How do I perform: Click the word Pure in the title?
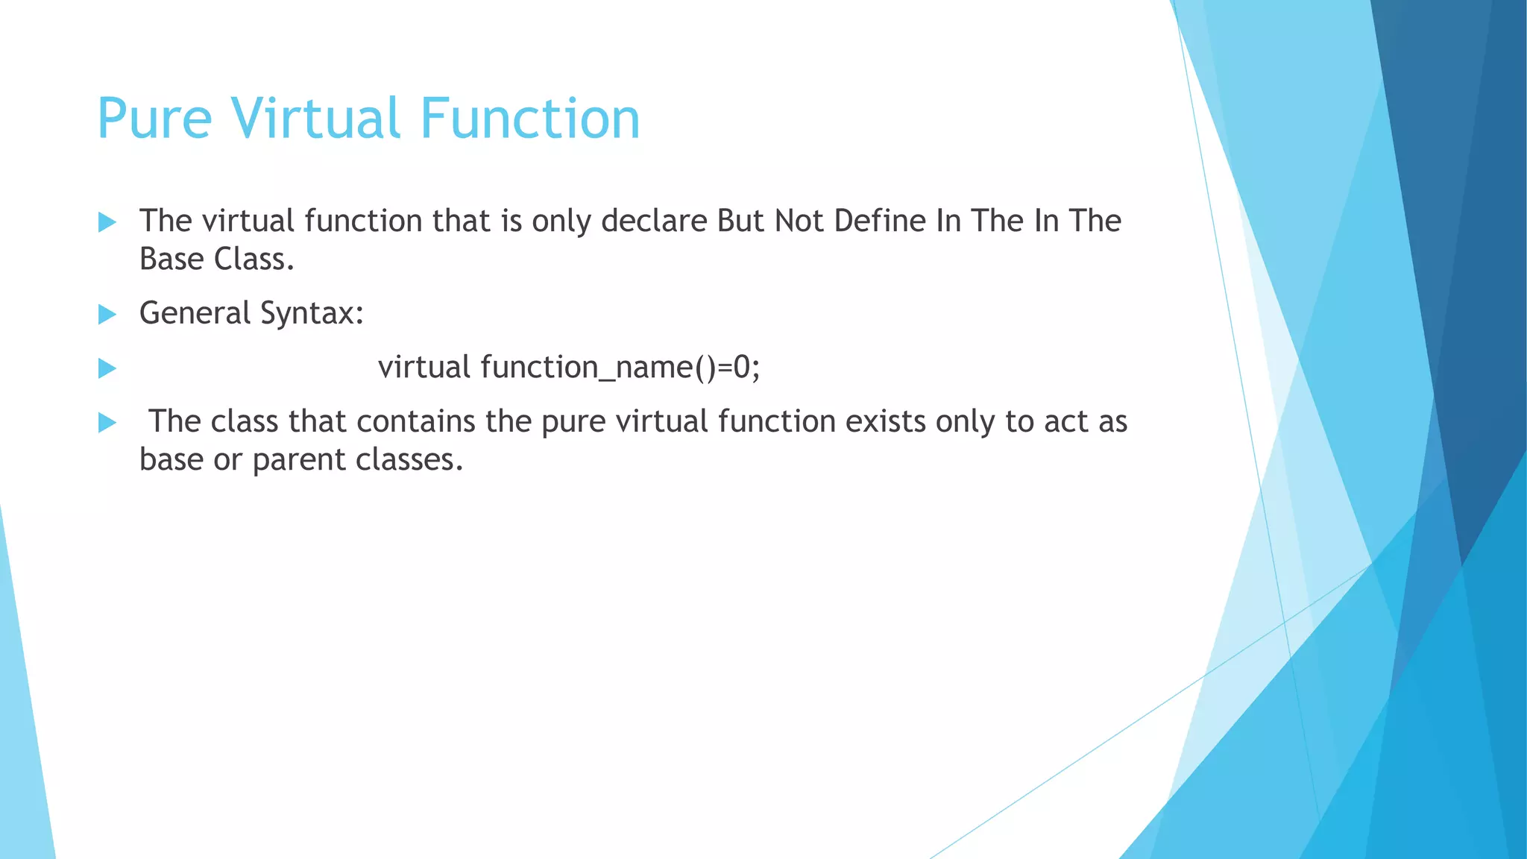[154, 119]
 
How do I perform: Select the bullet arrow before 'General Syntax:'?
[107, 315]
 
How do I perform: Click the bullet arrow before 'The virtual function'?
[107, 222]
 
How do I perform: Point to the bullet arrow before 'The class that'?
[107, 424]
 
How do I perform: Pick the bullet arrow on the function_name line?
[107, 368]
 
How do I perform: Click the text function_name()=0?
[620, 368]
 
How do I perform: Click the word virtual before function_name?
[424, 368]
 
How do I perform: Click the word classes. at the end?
[409, 459]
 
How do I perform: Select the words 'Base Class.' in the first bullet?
[216, 259]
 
